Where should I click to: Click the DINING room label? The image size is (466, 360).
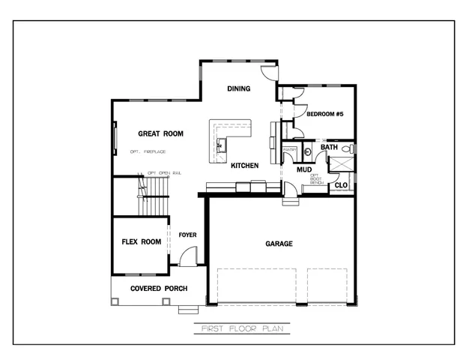point(239,89)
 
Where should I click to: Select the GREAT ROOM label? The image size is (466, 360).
point(160,134)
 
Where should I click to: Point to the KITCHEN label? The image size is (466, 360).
point(245,165)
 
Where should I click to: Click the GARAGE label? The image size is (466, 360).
point(279,244)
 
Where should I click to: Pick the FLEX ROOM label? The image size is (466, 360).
point(142,242)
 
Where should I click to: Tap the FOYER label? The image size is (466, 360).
point(187,235)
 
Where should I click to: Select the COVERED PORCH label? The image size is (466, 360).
point(159,289)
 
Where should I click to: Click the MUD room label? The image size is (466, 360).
point(304,169)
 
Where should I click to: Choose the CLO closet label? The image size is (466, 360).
point(341,184)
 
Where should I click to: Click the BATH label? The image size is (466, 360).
point(329,147)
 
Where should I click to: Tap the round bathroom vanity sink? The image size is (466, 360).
point(307,151)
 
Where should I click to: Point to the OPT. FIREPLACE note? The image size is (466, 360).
point(147,152)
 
